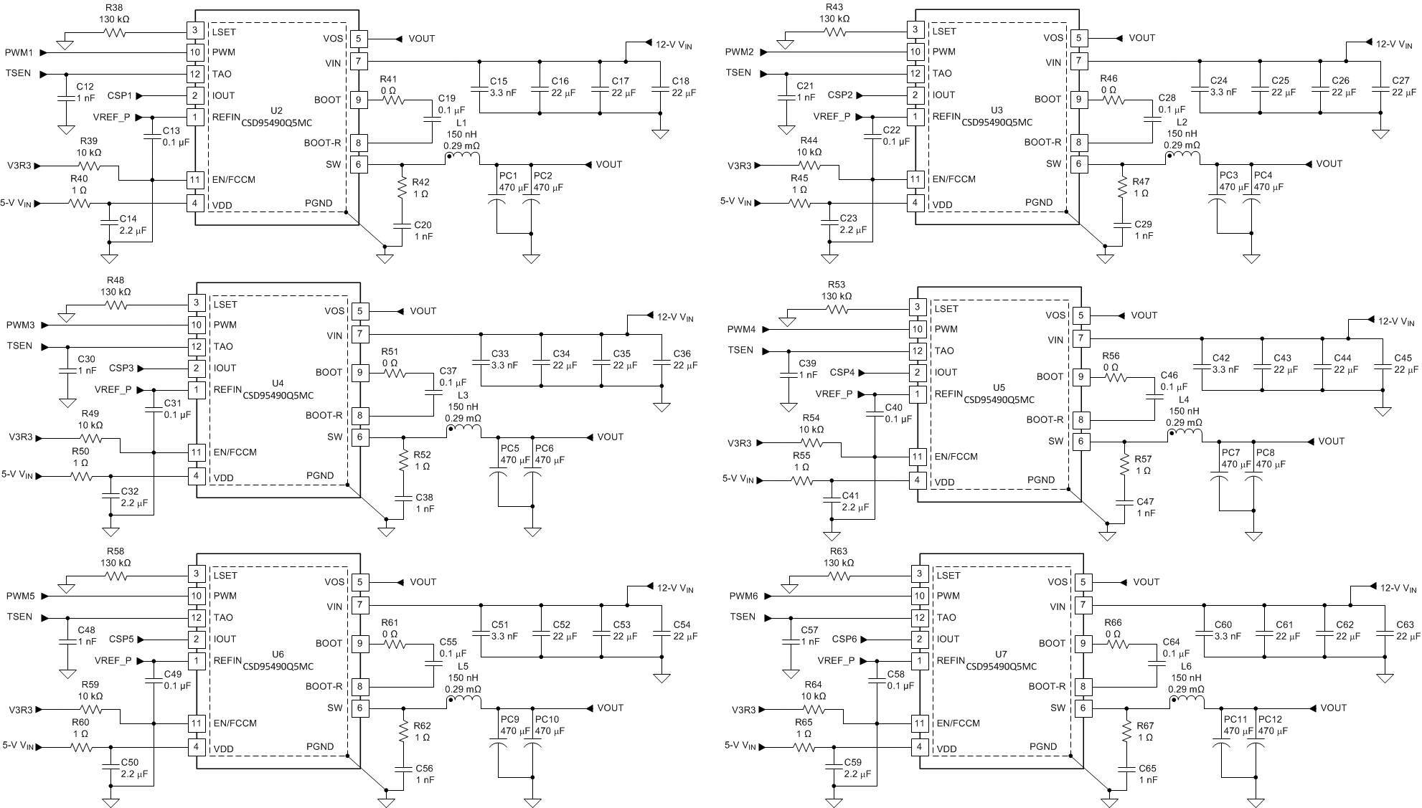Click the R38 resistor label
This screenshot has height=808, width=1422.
point(114,6)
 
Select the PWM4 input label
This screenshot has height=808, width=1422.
point(741,330)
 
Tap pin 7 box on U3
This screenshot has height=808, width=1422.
point(1078,62)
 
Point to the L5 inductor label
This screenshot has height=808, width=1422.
point(463,666)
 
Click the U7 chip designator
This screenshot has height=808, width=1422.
point(1001,655)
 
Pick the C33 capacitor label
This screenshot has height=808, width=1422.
point(500,354)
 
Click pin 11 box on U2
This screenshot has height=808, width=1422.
point(194,179)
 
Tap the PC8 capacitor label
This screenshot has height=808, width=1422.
point(1266,452)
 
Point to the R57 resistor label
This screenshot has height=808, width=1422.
point(1143,459)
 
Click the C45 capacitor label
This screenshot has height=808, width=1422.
point(1403,358)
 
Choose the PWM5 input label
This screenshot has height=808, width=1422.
point(21,597)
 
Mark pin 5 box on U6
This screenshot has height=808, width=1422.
point(359,582)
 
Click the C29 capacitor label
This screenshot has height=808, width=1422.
point(1143,224)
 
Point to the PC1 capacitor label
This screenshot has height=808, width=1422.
point(508,176)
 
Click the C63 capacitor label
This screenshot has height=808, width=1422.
point(1405,624)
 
